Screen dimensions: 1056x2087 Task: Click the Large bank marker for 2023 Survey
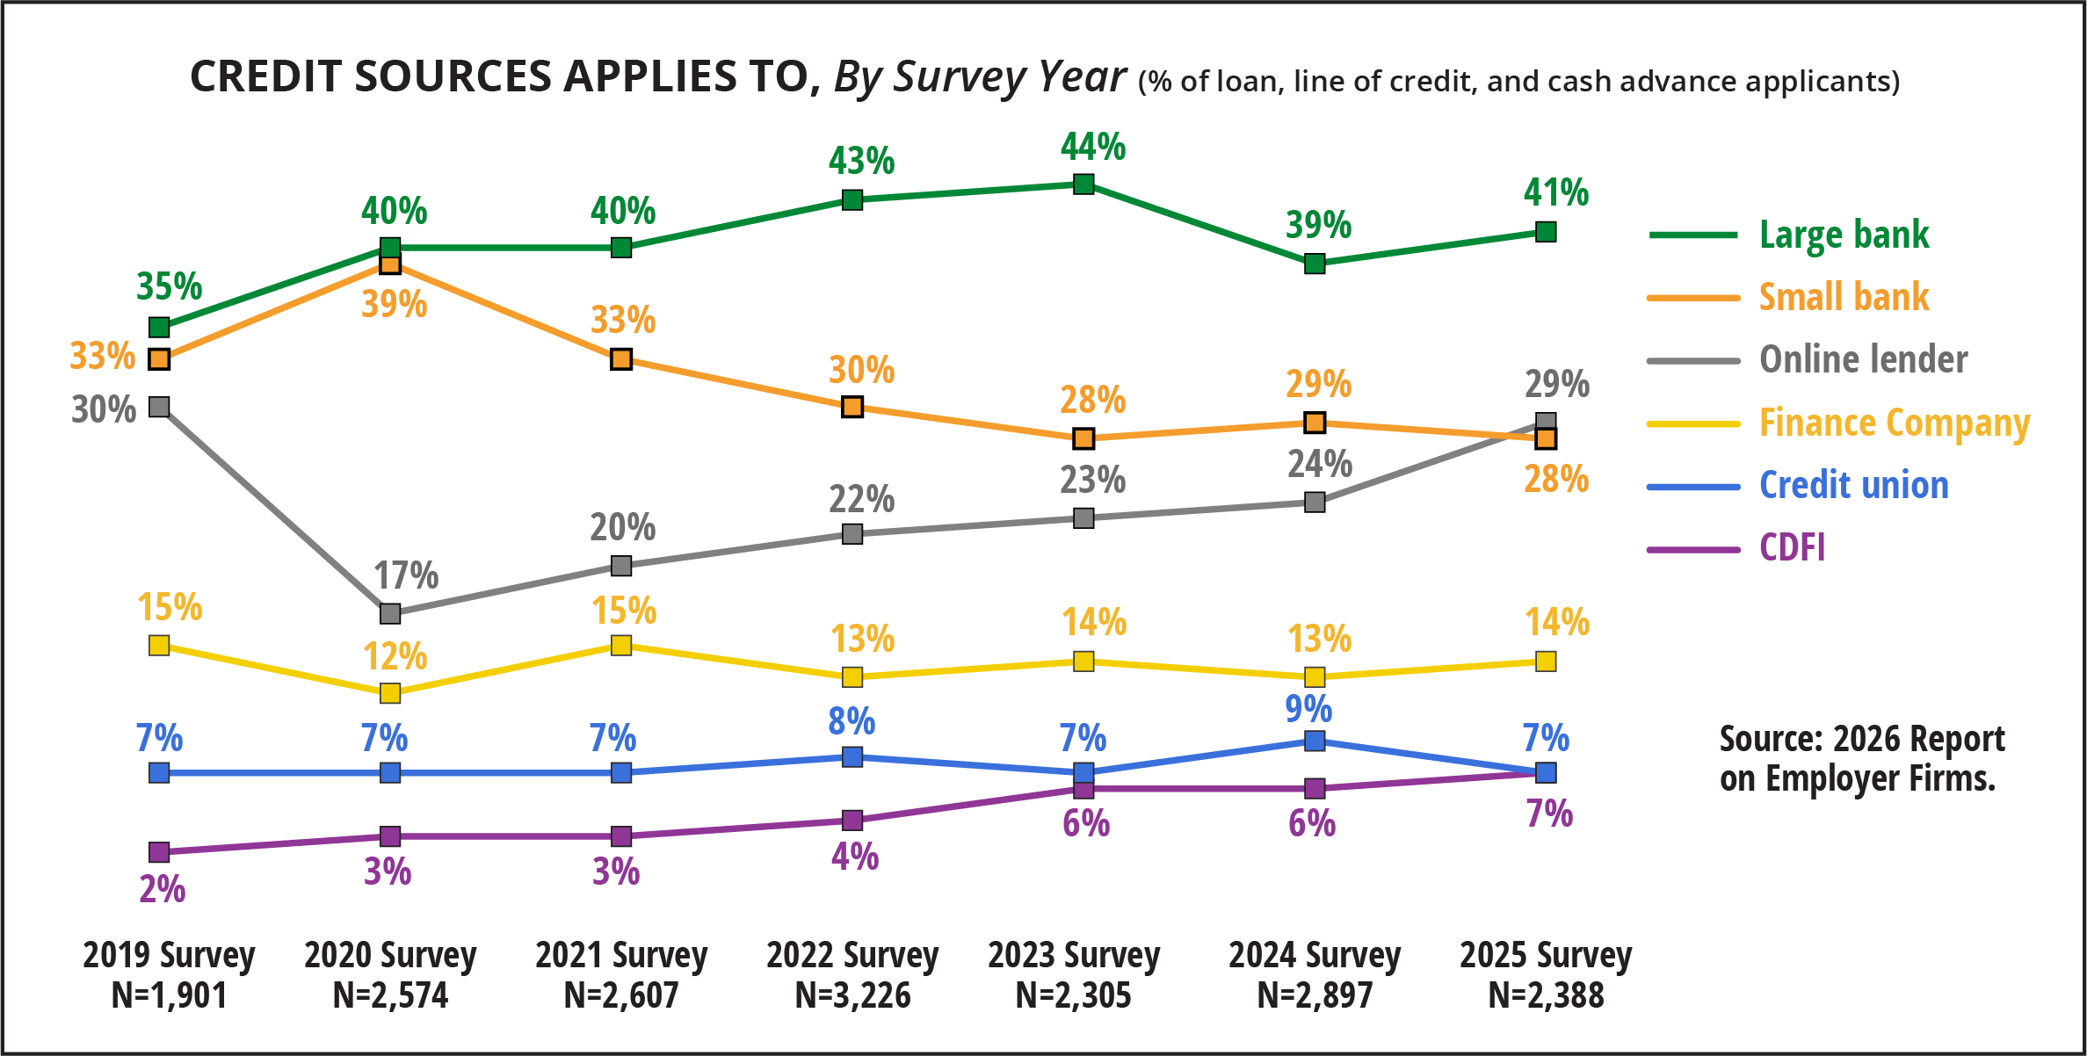[x=1083, y=184]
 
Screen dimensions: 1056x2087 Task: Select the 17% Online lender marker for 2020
[x=390, y=613]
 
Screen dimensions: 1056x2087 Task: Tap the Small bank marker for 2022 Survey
[x=852, y=407]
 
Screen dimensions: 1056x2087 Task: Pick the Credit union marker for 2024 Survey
[x=1315, y=741]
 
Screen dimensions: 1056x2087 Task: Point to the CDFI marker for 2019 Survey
[x=159, y=852]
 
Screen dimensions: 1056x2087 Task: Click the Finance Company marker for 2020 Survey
[x=390, y=693]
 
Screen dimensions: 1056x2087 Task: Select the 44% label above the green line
[x=1092, y=146]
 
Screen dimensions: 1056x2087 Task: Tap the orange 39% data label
[x=394, y=305]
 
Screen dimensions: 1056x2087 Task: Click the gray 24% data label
[x=1319, y=464]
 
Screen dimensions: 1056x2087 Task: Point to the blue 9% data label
[x=1308, y=708]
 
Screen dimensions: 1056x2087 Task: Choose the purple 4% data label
[x=854, y=856]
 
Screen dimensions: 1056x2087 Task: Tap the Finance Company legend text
[x=1894, y=423]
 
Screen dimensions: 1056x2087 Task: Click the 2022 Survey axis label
[x=852, y=955]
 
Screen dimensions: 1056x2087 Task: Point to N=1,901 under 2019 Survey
[x=169, y=995]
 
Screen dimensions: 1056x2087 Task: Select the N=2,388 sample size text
[x=1546, y=995]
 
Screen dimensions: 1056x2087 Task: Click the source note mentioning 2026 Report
[x=1861, y=758]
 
